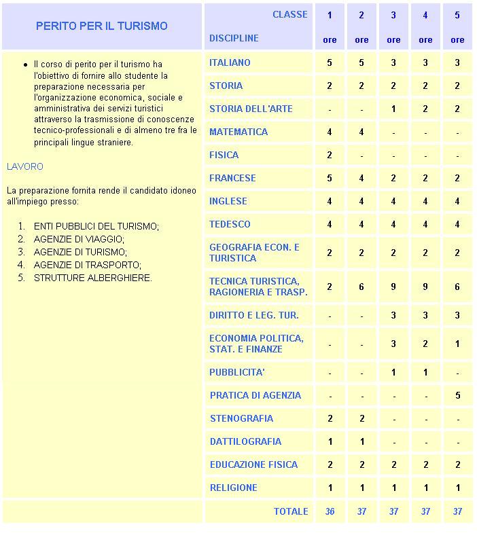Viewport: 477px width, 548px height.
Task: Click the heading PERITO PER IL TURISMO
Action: tap(102, 26)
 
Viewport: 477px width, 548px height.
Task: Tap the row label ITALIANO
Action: tap(230, 62)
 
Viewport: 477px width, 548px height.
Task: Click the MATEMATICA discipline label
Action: tap(238, 132)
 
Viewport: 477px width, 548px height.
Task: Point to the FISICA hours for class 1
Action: tap(330, 155)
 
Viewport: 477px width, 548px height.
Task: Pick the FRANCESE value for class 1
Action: tap(330, 178)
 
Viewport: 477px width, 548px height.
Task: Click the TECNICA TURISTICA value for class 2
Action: tap(361, 287)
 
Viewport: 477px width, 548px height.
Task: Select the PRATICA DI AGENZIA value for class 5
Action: tap(457, 395)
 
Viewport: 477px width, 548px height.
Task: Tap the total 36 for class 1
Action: tap(330, 511)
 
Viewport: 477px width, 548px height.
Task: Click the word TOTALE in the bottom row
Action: tap(291, 511)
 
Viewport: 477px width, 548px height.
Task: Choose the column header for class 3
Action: tap(393, 15)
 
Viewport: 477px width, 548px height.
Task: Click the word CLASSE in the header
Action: tap(290, 14)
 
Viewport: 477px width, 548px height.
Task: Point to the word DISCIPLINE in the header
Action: tap(234, 38)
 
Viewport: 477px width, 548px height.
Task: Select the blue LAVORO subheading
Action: tap(24, 166)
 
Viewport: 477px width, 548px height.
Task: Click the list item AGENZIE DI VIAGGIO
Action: tap(79, 239)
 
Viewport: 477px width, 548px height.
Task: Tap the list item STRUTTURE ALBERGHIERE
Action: tap(92, 278)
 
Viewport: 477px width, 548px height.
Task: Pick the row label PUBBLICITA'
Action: tap(236, 372)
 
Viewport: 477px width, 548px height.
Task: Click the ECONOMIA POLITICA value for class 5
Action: tap(457, 344)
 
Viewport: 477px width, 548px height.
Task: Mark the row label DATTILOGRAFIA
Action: tap(245, 441)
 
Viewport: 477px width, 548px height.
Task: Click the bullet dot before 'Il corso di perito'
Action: tap(26, 65)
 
